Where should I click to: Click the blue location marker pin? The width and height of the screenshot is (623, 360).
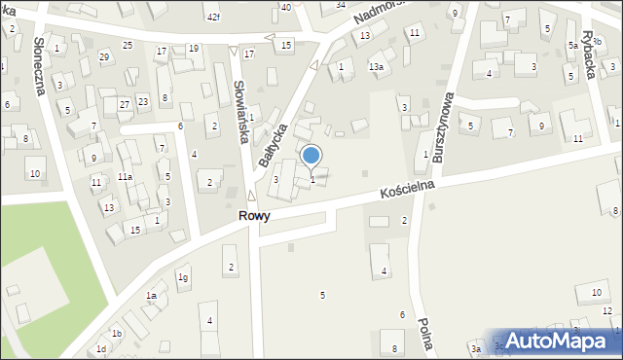click(x=311, y=156)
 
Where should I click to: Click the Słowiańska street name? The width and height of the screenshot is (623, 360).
click(x=239, y=110)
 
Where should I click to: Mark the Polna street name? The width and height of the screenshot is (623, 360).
click(x=424, y=335)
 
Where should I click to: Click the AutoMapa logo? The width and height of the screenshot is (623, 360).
click(x=557, y=341)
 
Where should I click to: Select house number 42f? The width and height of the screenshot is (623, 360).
click(x=213, y=18)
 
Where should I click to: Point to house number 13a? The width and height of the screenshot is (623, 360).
click(x=376, y=66)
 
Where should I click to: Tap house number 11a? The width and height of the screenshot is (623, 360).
click(x=125, y=176)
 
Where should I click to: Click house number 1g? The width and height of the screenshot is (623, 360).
click(x=182, y=277)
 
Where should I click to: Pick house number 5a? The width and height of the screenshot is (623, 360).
click(x=573, y=46)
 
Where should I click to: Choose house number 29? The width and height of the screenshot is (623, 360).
click(x=104, y=57)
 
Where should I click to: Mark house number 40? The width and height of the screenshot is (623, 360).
click(x=286, y=7)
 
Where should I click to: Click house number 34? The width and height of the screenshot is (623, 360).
click(x=341, y=5)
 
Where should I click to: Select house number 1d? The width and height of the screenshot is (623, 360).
click(x=100, y=348)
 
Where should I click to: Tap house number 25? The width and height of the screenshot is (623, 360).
click(x=128, y=46)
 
